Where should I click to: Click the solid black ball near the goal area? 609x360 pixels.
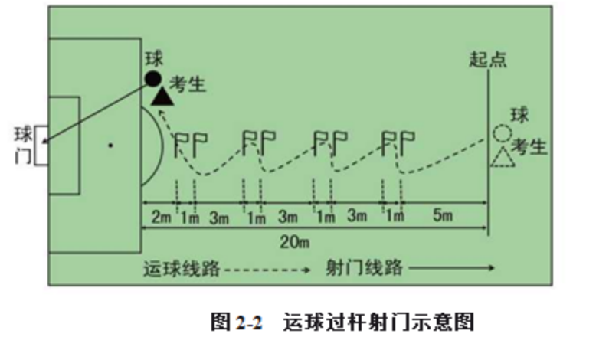(x=152, y=78)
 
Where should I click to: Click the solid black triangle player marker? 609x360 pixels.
(x=161, y=97)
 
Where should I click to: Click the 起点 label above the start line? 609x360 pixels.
(x=488, y=60)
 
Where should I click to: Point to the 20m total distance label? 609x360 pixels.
(x=293, y=243)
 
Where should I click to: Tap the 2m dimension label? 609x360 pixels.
(x=159, y=217)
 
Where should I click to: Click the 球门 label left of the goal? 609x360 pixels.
(x=23, y=144)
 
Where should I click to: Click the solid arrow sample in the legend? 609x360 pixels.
(x=452, y=269)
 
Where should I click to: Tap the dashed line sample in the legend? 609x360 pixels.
(x=268, y=269)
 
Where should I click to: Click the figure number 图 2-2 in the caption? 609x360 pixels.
(x=237, y=322)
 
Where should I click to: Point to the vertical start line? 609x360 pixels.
(x=488, y=153)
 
